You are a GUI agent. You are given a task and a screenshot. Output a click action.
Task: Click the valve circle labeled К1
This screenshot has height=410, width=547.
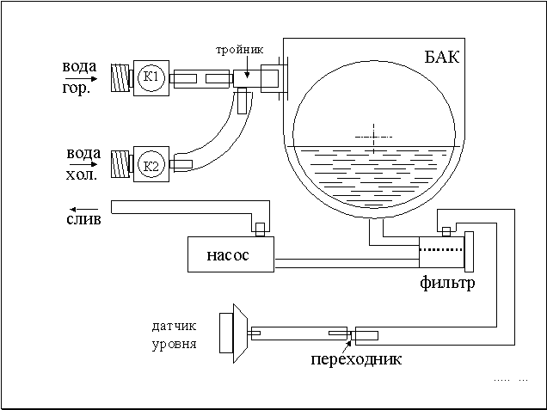point(151,79)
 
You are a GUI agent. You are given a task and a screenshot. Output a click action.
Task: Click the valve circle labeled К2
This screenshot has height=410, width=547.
point(151,165)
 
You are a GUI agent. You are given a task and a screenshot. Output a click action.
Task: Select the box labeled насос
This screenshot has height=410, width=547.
point(230,254)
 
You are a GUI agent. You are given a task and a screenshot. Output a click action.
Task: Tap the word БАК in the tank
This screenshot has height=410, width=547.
point(442,59)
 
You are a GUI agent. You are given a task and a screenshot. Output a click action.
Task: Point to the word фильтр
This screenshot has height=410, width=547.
point(447,283)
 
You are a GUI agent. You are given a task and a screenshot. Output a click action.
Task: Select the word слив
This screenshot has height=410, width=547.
point(83,220)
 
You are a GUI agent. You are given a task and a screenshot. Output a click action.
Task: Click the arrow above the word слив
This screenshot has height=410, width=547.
point(83,209)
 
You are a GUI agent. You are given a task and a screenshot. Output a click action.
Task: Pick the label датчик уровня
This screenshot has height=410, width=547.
point(173,335)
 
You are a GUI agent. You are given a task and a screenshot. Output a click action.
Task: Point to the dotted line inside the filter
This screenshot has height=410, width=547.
point(441,250)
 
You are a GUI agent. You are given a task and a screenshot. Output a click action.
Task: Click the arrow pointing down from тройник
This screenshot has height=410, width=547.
point(243,69)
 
